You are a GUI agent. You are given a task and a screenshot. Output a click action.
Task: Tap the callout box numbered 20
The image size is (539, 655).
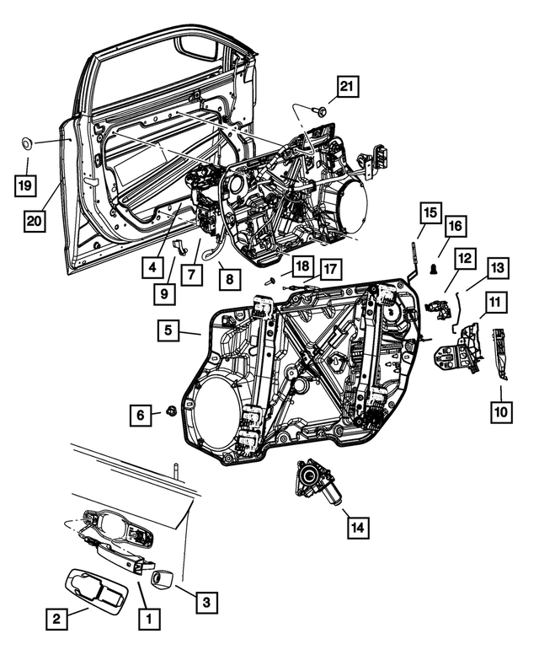(x=35, y=221)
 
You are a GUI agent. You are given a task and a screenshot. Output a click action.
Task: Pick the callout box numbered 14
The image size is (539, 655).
(x=357, y=528)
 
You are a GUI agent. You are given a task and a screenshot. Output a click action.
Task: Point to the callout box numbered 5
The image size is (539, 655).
(x=169, y=331)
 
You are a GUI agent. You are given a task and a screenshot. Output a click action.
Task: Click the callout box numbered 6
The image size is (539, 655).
(x=141, y=413)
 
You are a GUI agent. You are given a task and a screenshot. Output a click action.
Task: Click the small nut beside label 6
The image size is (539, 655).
(x=172, y=411)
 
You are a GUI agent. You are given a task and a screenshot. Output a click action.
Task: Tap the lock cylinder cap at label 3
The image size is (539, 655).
(x=163, y=579)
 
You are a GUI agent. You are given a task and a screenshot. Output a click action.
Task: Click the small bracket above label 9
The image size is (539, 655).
(x=179, y=245)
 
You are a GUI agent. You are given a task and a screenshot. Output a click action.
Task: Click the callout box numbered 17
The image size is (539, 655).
(x=329, y=269)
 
